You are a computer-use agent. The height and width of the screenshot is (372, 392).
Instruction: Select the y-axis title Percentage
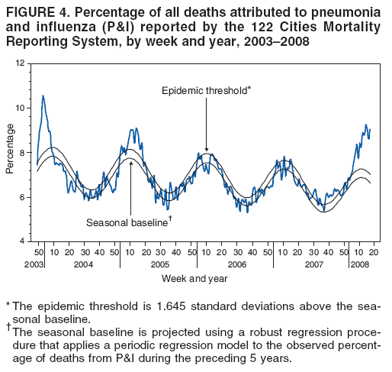[x=10, y=154]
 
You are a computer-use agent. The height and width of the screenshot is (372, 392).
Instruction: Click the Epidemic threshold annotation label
[x=206, y=91]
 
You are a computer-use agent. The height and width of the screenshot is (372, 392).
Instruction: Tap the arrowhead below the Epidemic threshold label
[x=206, y=150]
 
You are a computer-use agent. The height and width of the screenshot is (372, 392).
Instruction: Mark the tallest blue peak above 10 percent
[x=43, y=96]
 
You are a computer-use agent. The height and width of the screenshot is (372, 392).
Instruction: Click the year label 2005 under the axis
[x=159, y=264]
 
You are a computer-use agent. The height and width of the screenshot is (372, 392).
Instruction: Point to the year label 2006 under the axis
[x=236, y=264]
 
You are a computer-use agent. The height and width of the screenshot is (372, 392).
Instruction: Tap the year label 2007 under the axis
[x=313, y=264]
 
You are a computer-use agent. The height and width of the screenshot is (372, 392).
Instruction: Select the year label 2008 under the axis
[x=360, y=264]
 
